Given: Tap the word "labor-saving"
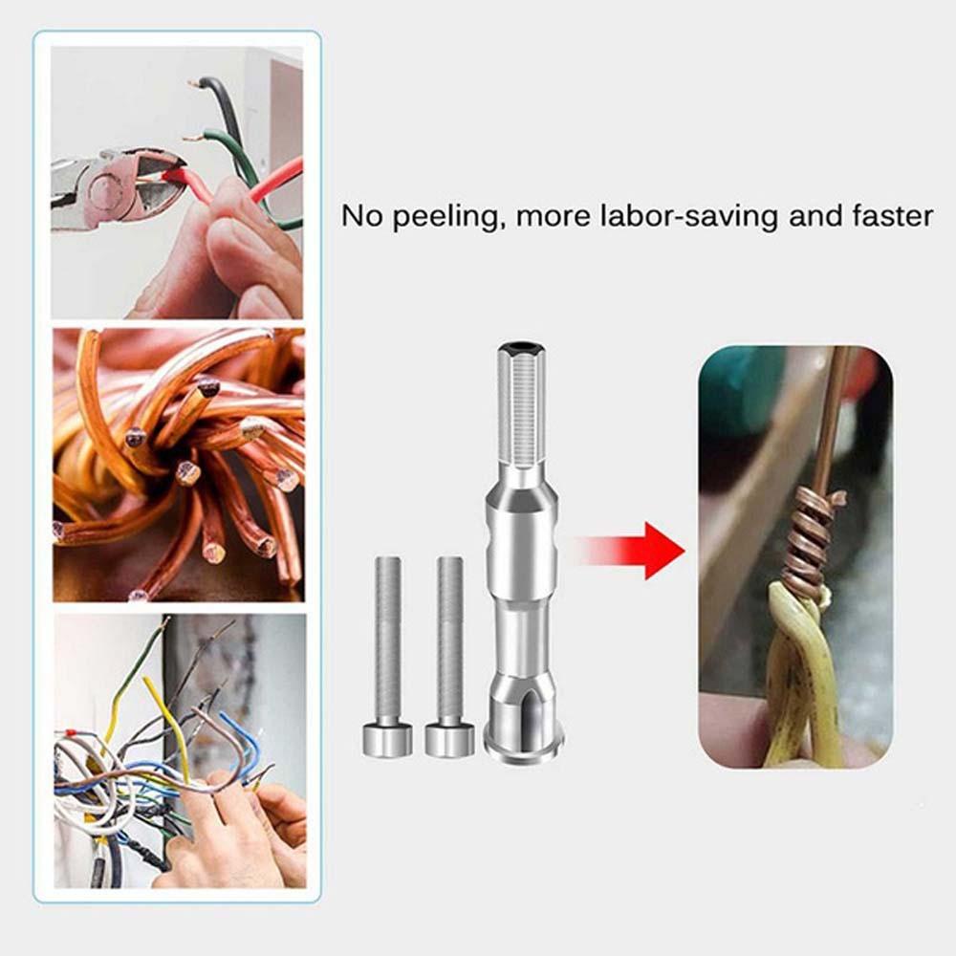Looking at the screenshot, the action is (x=689, y=216).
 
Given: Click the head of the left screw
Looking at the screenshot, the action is (x=386, y=740).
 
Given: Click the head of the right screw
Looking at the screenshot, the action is (x=450, y=740).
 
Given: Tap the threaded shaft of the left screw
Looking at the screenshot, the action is (x=388, y=640).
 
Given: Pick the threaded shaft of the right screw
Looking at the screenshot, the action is (x=450, y=640).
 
